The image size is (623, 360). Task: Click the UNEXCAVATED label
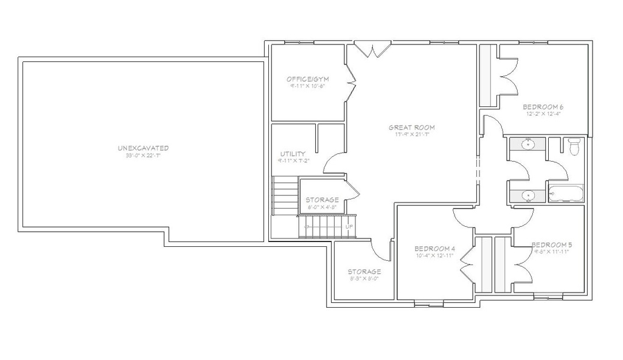143,148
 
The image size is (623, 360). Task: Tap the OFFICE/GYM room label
307,80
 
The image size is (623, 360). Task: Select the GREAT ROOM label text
412,128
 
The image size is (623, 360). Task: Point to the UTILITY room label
293,154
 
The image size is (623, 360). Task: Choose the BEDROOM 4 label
434,249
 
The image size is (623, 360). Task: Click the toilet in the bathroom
573,146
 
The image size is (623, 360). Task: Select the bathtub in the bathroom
566,195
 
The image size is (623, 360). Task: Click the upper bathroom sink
528,144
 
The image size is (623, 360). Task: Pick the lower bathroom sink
528,196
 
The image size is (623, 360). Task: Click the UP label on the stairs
349,227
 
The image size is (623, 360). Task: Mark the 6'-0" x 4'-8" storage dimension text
322,207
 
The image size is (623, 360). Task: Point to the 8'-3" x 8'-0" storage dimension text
364,279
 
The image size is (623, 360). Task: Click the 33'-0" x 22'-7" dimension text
143,156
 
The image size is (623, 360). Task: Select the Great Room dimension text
412,134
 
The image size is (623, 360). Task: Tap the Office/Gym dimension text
307,86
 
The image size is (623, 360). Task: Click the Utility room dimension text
293,161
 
